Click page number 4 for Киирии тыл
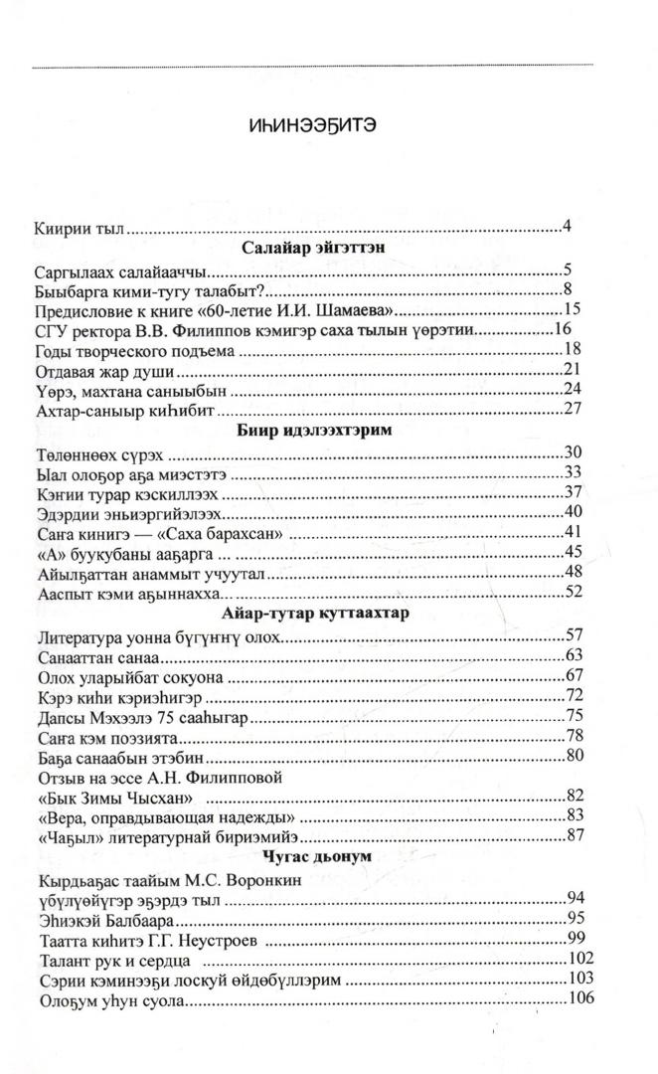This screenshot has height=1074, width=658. click(566, 227)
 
